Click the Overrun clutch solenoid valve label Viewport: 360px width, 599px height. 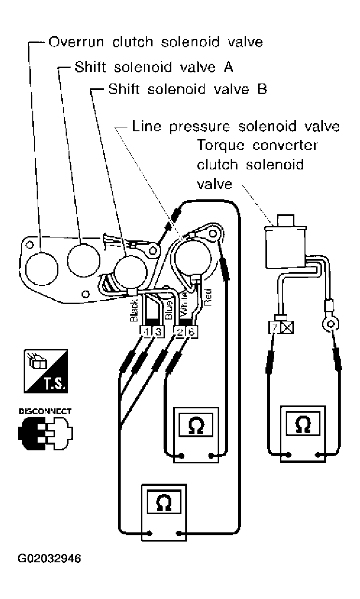(155, 42)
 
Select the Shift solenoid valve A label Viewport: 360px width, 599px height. (154, 67)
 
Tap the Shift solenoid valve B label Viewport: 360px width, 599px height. (188, 89)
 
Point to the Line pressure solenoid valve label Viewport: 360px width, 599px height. (235, 126)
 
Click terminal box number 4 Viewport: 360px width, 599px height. (146, 332)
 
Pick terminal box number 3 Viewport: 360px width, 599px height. (158, 332)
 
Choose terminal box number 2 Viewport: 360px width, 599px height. (180, 332)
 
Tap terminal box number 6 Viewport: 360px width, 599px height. (192, 332)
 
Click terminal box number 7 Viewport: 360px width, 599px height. (275, 327)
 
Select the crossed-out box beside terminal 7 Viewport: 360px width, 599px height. (287, 327)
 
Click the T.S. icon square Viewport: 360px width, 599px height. (46, 371)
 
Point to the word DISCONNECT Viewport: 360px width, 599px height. (45, 411)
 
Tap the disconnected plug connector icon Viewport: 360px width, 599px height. (45, 433)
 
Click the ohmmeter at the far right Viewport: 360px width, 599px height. (303, 434)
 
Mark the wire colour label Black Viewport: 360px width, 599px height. (134, 310)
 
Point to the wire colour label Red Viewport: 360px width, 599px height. (208, 297)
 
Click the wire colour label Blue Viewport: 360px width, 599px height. (168, 310)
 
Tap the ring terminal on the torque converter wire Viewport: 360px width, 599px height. (331, 324)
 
